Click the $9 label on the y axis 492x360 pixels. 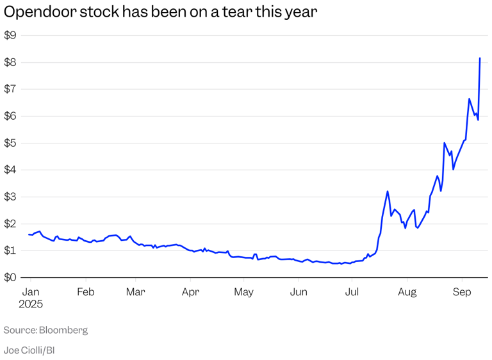[10, 36]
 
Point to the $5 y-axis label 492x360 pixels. [10, 143]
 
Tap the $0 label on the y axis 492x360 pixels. [10, 278]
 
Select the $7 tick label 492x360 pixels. [10, 90]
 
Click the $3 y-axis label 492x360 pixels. [10, 197]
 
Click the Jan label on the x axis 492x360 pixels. [29, 292]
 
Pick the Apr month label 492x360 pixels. [190, 292]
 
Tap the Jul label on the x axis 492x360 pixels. [352, 292]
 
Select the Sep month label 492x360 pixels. [462, 292]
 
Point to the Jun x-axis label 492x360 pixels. [299, 292]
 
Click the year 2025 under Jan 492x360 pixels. [31, 304]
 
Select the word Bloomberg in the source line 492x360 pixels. [63, 331]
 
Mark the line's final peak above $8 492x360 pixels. [480, 58]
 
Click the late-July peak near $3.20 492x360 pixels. [388, 191]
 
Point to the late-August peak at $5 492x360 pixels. [445, 143]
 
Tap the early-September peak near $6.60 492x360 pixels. [469, 99]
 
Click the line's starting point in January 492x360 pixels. [29, 234]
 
